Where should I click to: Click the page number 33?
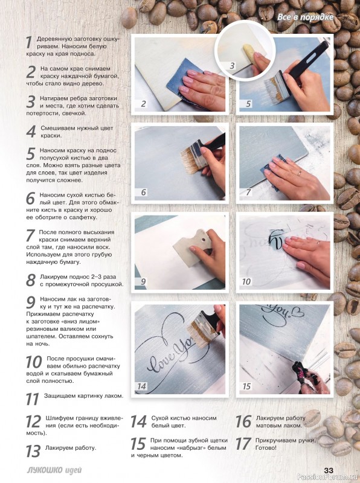[329, 470]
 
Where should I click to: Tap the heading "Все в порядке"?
[305, 18]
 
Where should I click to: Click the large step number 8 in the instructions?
[31, 280]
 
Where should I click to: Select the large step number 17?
[243, 444]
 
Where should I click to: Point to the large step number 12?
[33, 421]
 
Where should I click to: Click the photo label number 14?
[142, 386]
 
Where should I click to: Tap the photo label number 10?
[246, 281]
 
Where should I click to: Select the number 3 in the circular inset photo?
[232, 66]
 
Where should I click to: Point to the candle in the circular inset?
[251, 53]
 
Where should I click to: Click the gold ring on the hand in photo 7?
[299, 173]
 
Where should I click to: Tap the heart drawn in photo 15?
[298, 313]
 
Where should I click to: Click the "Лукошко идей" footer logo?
[54, 470]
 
